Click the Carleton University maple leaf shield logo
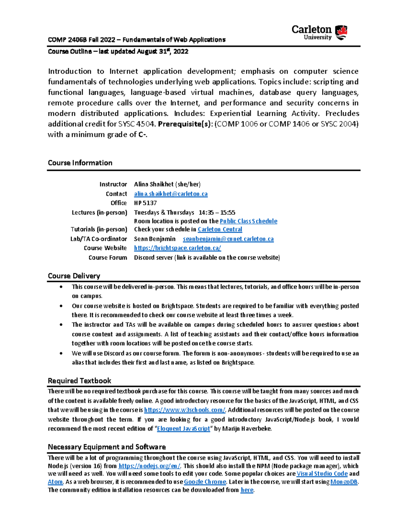(x=341, y=32)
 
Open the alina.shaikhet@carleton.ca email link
(x=171, y=194)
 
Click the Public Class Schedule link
(x=248, y=221)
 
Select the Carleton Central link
(x=220, y=229)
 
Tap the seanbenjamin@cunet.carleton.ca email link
(x=228, y=239)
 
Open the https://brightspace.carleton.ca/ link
(x=177, y=248)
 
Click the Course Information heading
(x=80, y=163)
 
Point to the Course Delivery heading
(x=74, y=276)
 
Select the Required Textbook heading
(x=79, y=381)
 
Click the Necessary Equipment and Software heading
(x=107, y=447)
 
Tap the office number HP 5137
(x=145, y=203)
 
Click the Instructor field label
(x=113, y=184)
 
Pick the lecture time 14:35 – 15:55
(x=217, y=212)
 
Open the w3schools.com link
(x=185, y=410)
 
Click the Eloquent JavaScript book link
(x=183, y=429)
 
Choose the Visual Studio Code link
(x=322, y=474)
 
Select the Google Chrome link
(x=205, y=482)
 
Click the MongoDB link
(x=344, y=482)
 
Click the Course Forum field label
(x=108, y=258)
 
